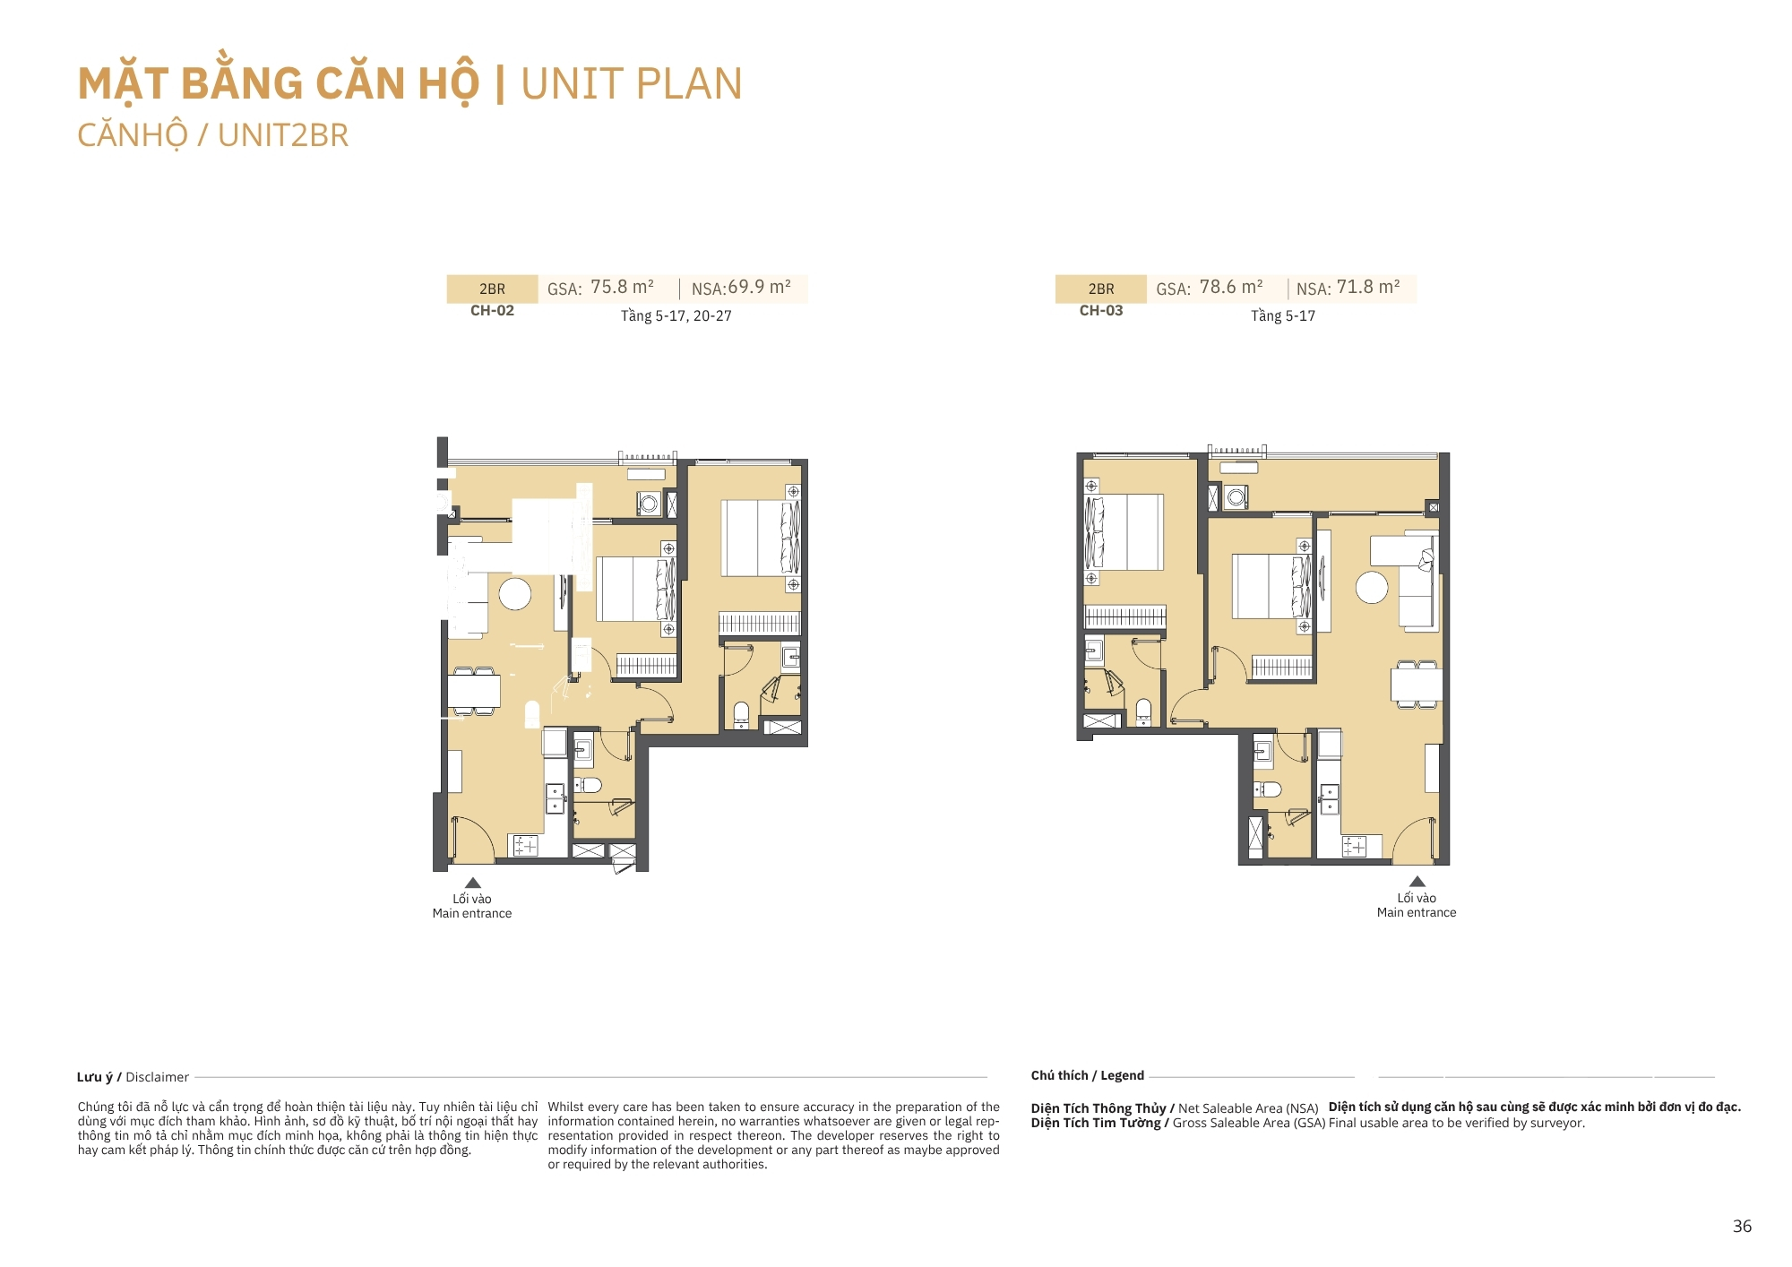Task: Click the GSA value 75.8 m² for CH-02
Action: pos(622,287)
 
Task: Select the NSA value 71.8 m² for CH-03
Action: pos(1368,287)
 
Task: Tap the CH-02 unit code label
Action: pos(492,311)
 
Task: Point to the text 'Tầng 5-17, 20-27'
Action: pos(676,315)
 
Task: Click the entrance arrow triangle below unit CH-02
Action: pos(473,883)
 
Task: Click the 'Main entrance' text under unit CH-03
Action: pos(1417,912)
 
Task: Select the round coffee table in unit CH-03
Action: pos(1372,588)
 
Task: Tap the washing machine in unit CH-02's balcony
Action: pos(650,504)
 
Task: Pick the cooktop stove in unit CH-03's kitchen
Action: pos(1354,846)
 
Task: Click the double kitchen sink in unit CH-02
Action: pos(556,797)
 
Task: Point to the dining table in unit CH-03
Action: pos(1417,685)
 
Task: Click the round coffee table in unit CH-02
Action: pos(515,593)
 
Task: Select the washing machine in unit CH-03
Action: pos(1236,497)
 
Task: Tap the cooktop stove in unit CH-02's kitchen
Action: pos(525,845)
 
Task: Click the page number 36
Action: pos(1742,1226)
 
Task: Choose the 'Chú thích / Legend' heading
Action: pos(1087,1075)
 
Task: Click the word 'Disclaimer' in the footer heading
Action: pos(157,1077)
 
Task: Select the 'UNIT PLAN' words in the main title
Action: pos(632,83)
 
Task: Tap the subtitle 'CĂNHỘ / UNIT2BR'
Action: pos(212,135)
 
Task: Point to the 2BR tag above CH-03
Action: pos(1101,289)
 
